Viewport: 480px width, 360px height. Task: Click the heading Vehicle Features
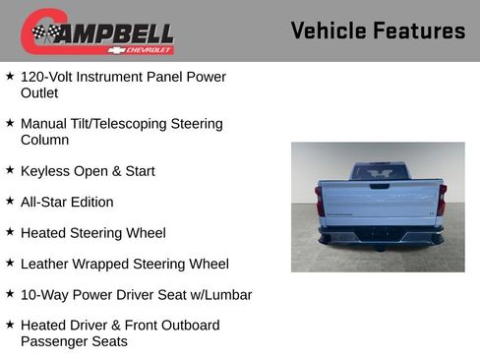[378, 30]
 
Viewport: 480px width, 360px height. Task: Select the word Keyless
[45, 171]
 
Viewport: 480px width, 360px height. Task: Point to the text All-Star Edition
[67, 202]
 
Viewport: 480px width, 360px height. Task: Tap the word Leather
[45, 264]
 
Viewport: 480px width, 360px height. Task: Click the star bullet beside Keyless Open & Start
[10, 170]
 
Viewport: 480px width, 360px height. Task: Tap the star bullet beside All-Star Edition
[10, 201]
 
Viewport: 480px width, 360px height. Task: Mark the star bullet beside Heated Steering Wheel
[10, 232]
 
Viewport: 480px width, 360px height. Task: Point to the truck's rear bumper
[381, 236]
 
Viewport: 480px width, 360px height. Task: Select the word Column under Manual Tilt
[44, 141]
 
